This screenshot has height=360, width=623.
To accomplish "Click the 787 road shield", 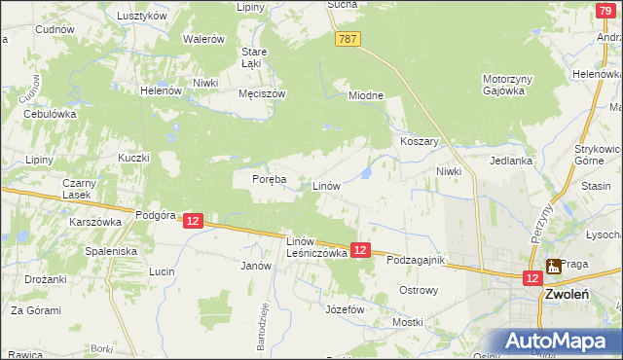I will (x=349, y=39).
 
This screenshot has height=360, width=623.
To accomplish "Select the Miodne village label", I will (x=367, y=95).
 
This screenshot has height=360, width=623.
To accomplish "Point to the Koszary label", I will (x=421, y=141).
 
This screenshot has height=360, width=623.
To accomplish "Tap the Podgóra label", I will (x=155, y=216).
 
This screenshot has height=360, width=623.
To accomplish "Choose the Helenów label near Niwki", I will (x=162, y=90).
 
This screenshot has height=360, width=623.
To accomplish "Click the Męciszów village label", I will (x=261, y=94).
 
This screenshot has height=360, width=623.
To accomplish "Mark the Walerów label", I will (x=204, y=39).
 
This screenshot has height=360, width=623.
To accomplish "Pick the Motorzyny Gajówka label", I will (x=503, y=85).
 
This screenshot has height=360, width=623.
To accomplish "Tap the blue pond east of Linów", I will (x=366, y=173).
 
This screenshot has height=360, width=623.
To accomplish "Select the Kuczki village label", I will (x=133, y=158).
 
